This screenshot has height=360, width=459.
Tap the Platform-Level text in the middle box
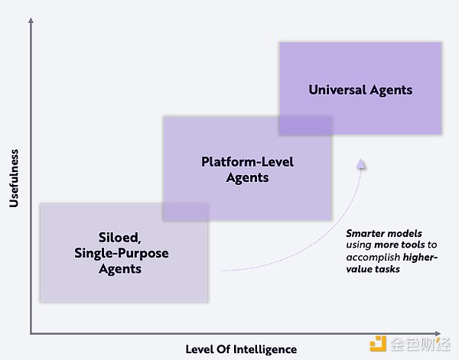pyautogui.click(x=247, y=162)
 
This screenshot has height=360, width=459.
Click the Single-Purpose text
pyautogui.click(x=122, y=253)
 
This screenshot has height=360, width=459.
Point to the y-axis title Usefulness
pyautogui.click(x=14, y=178)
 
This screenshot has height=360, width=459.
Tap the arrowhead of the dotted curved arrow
pyautogui.click(x=362, y=162)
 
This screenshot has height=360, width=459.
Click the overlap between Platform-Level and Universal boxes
pyautogui.click(x=305, y=125)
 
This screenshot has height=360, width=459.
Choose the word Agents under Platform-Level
pyautogui.click(x=247, y=178)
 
